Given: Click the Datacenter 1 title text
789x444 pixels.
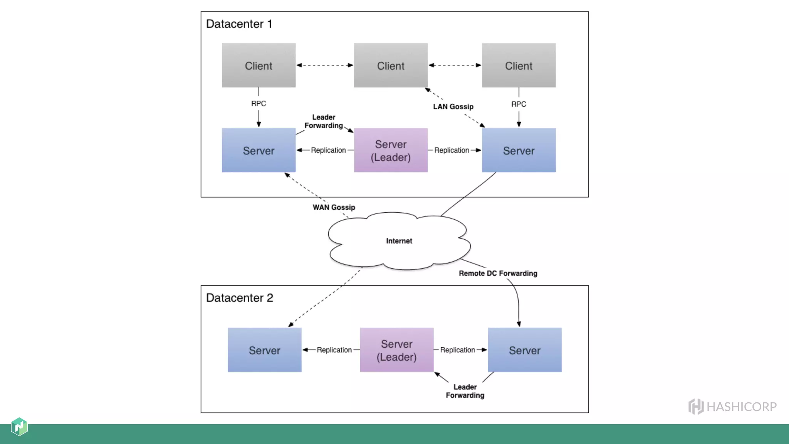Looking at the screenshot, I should pos(239,24).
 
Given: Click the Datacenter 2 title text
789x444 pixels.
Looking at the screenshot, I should pos(239,298).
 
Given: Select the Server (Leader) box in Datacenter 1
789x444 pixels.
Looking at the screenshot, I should pos(391,150).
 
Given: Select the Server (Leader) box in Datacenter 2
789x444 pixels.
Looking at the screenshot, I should pos(396,350).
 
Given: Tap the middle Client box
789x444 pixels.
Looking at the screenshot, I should pos(391,66).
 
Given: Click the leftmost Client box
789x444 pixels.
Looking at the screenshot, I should pos(259,66).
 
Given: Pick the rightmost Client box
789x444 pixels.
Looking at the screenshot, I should pos(519,66).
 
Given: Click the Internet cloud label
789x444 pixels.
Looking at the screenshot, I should pos(399,241).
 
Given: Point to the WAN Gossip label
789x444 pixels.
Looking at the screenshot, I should pos(334,207).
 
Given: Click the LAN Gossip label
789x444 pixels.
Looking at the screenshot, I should pos(453,107).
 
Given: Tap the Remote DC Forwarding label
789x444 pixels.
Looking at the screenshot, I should pos(498,273).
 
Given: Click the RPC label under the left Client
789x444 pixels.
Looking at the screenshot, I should pos(259,104).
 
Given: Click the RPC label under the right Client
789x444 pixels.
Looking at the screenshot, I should pos(519,104).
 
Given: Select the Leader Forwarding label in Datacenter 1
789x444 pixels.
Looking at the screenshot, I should pos(324,121).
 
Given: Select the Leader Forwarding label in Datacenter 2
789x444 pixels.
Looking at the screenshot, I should pos(465,391).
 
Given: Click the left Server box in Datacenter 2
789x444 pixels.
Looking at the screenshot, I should pos(264,350).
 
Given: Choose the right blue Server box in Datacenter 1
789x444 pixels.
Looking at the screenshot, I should pos(519,150).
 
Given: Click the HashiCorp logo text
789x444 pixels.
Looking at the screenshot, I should pos(741,407).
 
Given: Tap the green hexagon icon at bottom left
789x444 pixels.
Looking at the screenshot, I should pos(19,427).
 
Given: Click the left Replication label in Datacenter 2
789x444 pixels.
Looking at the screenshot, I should pos(334,350).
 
